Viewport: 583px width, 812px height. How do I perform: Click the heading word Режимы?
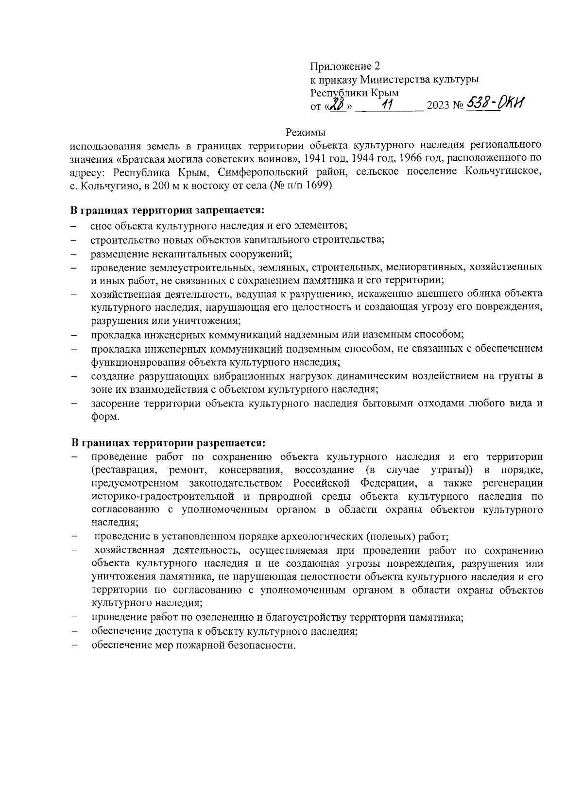click(x=305, y=132)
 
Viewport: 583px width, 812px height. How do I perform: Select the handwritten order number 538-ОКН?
click(x=496, y=103)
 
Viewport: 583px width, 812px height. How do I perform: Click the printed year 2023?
click(x=438, y=106)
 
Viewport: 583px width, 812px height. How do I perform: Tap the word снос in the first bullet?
click(x=101, y=226)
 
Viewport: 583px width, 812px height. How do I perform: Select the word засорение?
click(x=113, y=403)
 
